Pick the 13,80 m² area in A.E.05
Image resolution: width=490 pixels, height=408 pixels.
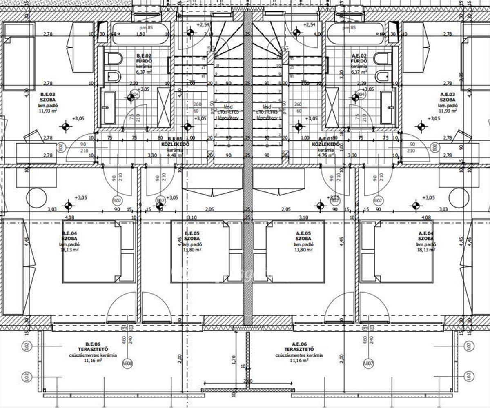303,250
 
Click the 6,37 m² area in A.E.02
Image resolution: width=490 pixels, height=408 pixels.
359,71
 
